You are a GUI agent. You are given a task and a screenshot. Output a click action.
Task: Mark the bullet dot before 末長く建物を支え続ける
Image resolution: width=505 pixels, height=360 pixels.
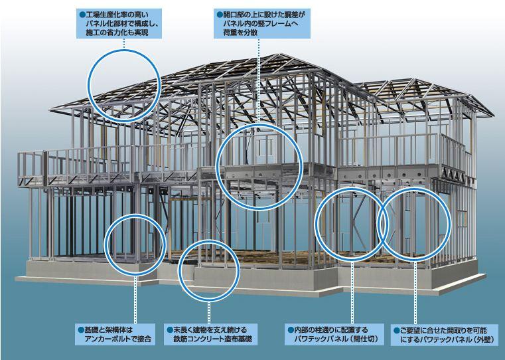(x=169, y=329)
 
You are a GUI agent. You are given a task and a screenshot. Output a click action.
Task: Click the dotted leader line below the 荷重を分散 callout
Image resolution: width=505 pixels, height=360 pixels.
(x=258, y=80)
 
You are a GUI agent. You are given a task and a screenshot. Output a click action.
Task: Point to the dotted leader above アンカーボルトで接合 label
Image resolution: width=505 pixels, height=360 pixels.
(x=135, y=299)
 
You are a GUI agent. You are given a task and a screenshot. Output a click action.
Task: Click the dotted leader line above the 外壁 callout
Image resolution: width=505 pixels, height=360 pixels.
(x=416, y=292)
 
